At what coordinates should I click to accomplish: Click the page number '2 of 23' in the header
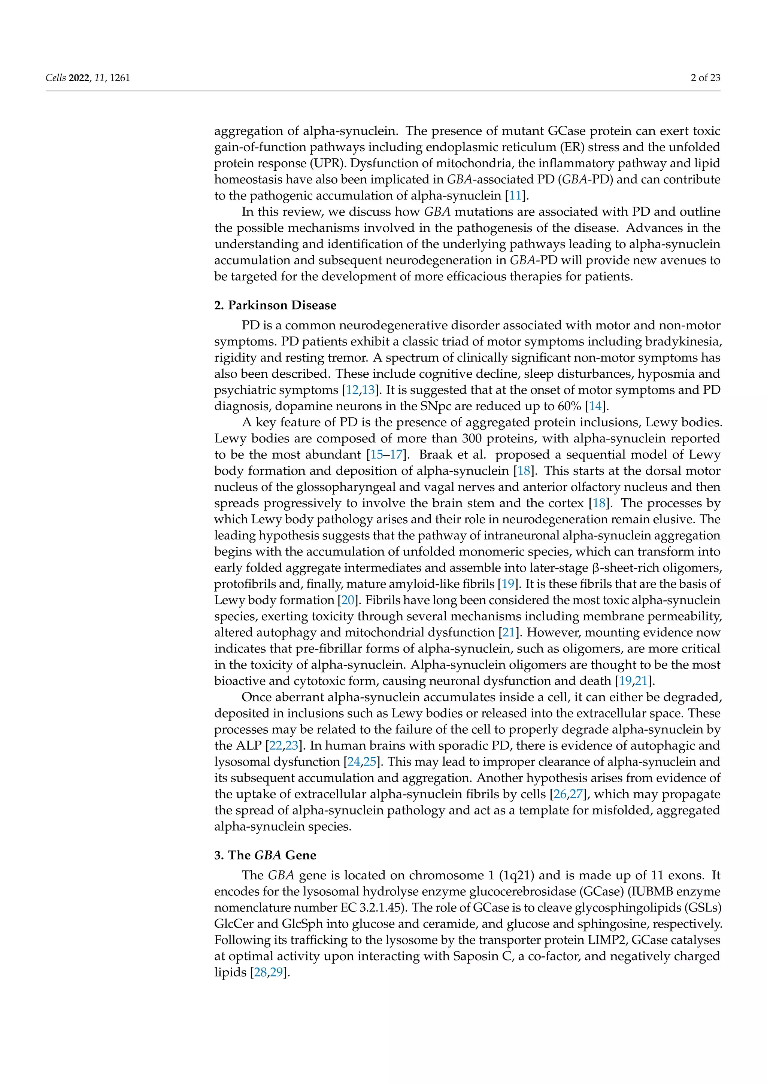pyautogui.click(x=705, y=78)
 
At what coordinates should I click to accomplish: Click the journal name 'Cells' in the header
pyautogui.click(x=55, y=78)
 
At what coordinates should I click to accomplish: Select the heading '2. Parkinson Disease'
pyautogui.click(x=275, y=305)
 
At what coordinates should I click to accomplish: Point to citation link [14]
pyautogui.click(x=595, y=406)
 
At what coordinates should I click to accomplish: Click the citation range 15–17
pyautogui.click(x=386, y=455)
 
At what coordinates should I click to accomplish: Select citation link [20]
pyautogui.click(x=348, y=600)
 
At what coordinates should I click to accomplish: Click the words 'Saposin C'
pyautogui.click(x=480, y=956)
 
